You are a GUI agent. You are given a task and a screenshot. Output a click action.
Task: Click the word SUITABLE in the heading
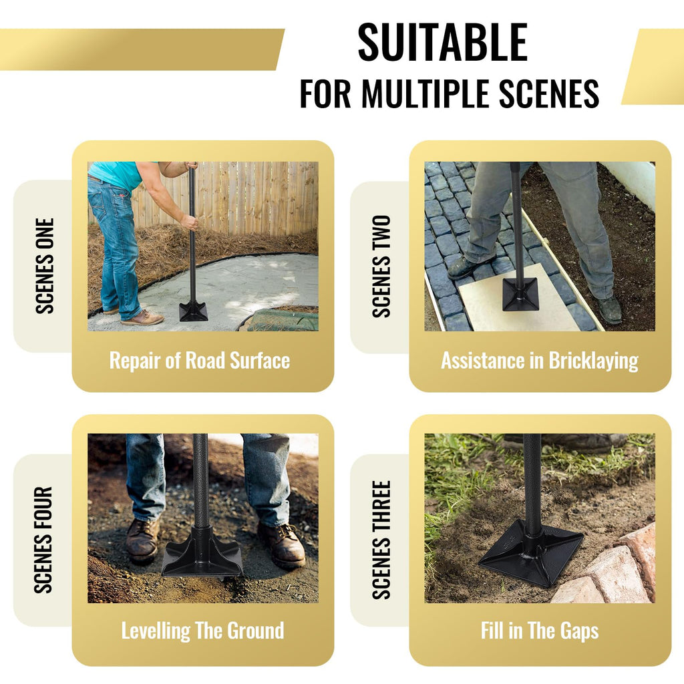pos(442,42)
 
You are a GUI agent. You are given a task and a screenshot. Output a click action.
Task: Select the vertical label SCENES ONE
pos(45,266)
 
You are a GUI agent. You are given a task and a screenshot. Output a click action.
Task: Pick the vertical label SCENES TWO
pos(381,266)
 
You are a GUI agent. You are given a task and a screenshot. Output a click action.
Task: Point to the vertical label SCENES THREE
pos(381,540)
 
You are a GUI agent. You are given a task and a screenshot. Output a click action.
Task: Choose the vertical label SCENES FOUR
pos(43,540)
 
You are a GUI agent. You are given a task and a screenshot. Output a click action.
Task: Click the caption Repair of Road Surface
pos(199,361)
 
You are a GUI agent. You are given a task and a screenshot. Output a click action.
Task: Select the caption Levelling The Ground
pos(202,631)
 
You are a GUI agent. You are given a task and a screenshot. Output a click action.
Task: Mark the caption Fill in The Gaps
pos(540,631)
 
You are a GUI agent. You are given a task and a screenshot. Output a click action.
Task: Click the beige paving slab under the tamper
pos(517,301)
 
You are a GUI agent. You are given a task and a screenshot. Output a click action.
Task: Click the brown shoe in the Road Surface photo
pos(142,317)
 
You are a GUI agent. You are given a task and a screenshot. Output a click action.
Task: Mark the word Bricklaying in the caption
pos(593,361)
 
